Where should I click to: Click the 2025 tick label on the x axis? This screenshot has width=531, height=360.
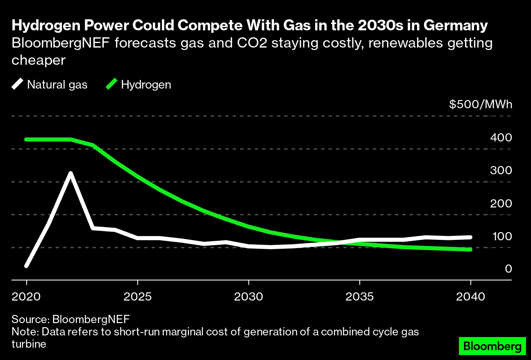pyautogui.click(x=138, y=296)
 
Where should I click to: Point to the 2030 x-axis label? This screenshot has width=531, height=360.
pyautogui.click(x=249, y=296)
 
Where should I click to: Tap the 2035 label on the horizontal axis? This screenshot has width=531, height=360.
pyautogui.click(x=359, y=296)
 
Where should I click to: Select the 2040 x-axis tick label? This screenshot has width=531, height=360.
pyautogui.click(x=470, y=296)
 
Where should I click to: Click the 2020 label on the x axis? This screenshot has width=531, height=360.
pyautogui.click(x=27, y=296)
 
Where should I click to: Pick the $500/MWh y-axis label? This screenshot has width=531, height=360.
pyautogui.click(x=481, y=105)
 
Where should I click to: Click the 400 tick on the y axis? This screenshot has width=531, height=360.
pyautogui.click(x=501, y=138)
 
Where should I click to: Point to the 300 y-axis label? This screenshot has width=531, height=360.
pyautogui.click(x=501, y=171)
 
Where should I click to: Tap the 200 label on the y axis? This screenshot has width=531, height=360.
pyautogui.click(x=501, y=203)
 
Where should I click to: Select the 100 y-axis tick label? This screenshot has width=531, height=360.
pyautogui.click(x=501, y=236)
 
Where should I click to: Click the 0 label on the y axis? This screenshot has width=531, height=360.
pyautogui.click(x=508, y=269)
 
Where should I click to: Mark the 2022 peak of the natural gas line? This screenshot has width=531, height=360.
pyautogui.click(x=71, y=173)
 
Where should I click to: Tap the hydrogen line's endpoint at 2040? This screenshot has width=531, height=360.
pyautogui.click(x=470, y=249)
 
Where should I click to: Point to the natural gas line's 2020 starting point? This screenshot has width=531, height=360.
pyautogui.click(x=27, y=266)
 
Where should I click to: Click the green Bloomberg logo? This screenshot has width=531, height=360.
pyautogui.click(x=492, y=346)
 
